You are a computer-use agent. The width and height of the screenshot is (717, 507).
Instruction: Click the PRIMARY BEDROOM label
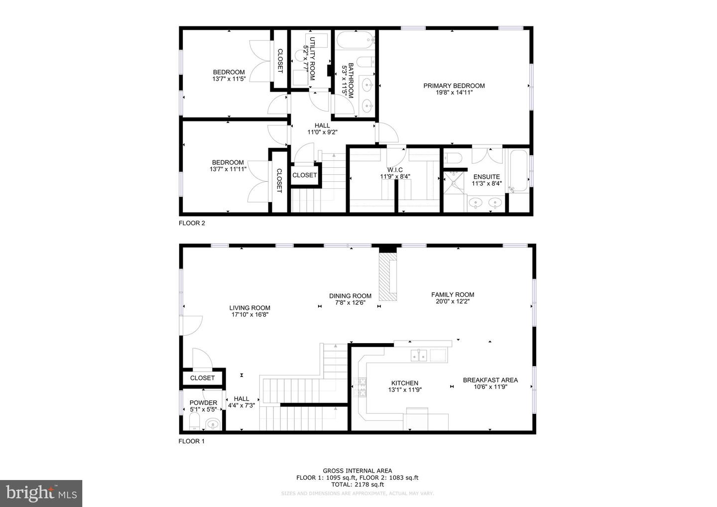click(454, 86)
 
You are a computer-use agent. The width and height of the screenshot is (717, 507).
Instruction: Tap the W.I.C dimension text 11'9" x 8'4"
click(395, 176)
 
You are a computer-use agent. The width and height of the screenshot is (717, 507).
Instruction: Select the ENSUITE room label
click(486, 177)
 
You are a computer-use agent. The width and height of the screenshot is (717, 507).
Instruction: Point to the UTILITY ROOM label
click(312, 59)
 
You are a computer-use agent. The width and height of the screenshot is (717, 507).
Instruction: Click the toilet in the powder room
click(194, 421)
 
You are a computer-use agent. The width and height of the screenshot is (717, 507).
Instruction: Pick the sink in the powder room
click(213, 424)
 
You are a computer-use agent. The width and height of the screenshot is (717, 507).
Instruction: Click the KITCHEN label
click(405, 383)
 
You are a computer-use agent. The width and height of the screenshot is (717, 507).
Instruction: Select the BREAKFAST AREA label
click(490, 380)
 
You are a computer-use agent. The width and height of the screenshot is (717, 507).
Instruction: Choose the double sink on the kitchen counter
click(419, 355)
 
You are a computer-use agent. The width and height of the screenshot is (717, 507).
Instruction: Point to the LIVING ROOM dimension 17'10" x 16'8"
click(249, 315)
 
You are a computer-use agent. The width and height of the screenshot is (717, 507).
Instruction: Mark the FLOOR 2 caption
click(192, 223)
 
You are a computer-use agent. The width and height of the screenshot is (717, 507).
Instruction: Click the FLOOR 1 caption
click(191, 441)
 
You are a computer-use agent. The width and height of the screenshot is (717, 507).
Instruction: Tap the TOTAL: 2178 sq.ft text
click(357, 484)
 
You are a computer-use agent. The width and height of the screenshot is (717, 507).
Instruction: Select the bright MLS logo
click(41, 493)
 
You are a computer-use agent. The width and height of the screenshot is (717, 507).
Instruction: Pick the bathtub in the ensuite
click(518, 171)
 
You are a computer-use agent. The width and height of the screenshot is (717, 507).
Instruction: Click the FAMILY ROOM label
click(453, 295)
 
